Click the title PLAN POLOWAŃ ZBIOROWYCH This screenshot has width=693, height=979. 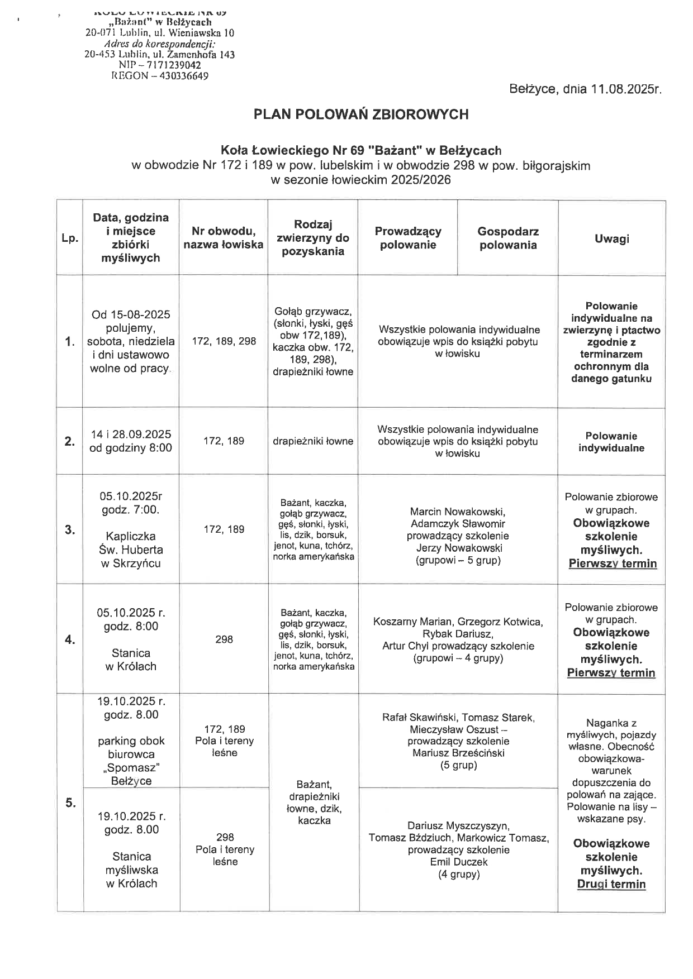pyautogui.click(x=360, y=114)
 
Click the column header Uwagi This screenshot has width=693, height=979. pyautogui.click(x=611, y=238)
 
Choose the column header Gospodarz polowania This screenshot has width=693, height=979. pyautogui.click(x=507, y=238)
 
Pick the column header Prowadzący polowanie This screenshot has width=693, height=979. pyautogui.click(x=408, y=238)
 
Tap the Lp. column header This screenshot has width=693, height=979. pyautogui.click(x=70, y=238)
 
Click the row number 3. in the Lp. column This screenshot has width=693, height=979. pyautogui.click(x=70, y=530)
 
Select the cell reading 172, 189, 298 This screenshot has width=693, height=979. pyautogui.click(x=224, y=341)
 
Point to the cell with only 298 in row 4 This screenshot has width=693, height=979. pyautogui.click(x=224, y=639)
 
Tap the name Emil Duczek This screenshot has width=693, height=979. pyautogui.click(x=458, y=862)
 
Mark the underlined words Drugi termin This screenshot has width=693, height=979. pyautogui.click(x=611, y=884)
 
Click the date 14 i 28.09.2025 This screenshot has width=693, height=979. pyautogui.click(x=131, y=434)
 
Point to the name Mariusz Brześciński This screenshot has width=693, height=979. pyautogui.click(x=458, y=753)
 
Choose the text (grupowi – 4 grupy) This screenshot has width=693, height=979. pyautogui.click(x=458, y=658)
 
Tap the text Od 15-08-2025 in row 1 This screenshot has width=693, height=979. pyautogui.click(x=131, y=314)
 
